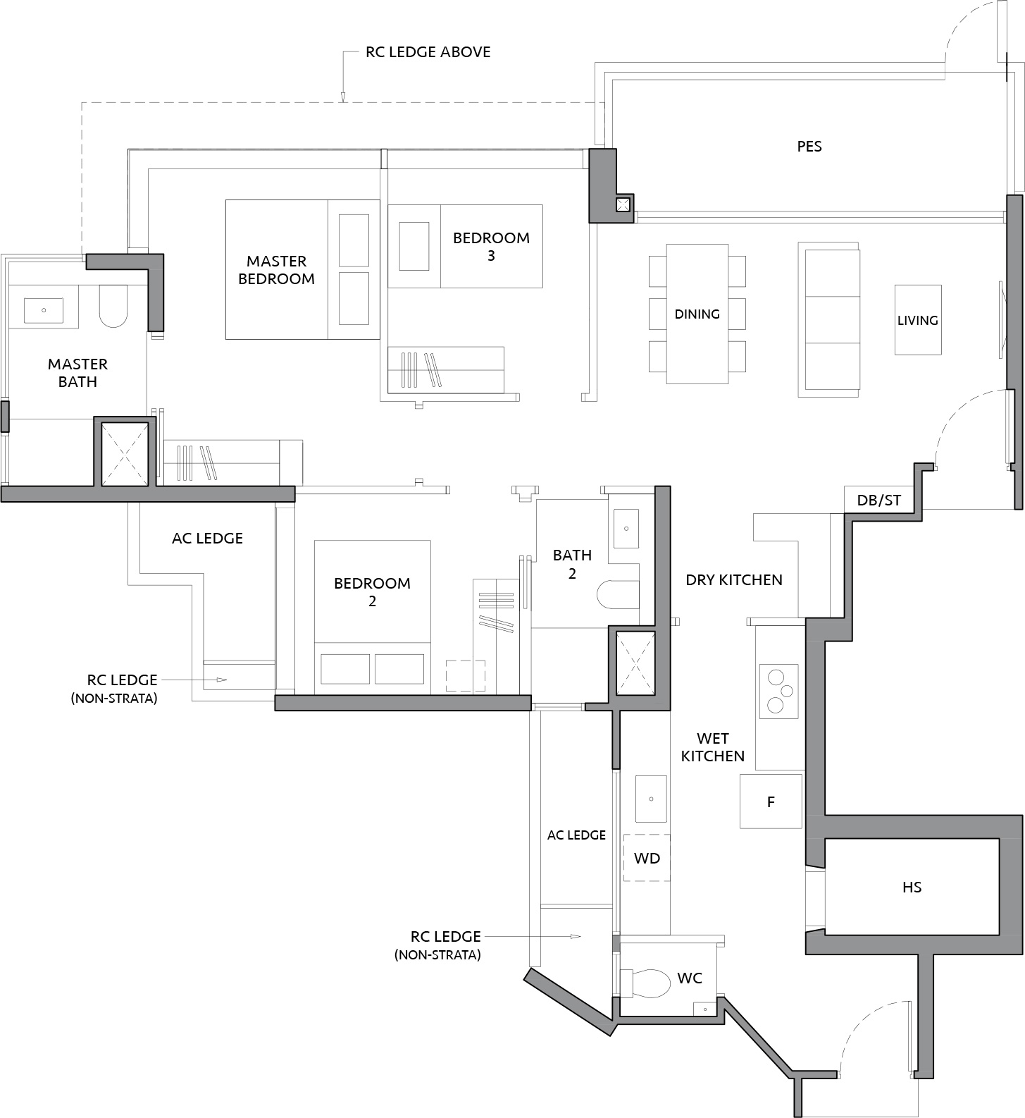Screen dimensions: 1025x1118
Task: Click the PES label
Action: [x=809, y=147]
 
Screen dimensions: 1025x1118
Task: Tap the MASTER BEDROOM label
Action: [x=276, y=270]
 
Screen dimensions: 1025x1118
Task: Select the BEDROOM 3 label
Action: [x=491, y=247]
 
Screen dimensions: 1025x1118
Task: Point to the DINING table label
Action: [x=697, y=314]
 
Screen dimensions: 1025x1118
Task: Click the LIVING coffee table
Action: [x=918, y=319]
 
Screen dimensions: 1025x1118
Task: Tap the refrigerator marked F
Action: [x=771, y=801]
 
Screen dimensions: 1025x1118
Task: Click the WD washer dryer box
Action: [x=647, y=858]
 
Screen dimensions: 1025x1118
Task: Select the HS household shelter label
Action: [x=912, y=887]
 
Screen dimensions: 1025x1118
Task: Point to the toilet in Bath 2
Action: [x=618, y=594]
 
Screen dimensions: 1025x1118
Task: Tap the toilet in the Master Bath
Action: [x=113, y=307]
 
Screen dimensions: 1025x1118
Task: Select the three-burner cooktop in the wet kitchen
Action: [x=778, y=691]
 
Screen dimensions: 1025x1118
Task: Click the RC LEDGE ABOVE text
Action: [x=428, y=52]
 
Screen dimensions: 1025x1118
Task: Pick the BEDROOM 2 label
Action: [x=372, y=592]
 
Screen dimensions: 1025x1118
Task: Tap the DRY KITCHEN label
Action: [x=734, y=580]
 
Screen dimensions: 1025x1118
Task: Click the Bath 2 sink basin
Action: [x=626, y=528]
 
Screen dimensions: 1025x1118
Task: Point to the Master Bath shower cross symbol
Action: [x=125, y=454]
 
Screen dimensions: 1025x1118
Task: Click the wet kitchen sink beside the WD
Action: [x=652, y=799]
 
